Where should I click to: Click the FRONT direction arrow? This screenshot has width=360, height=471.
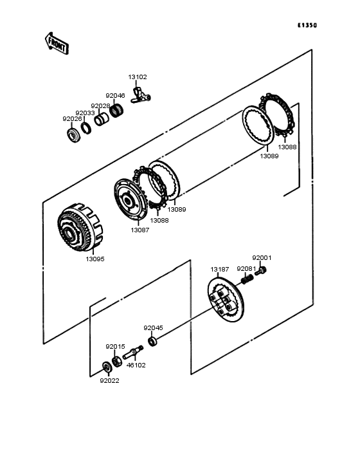click(57, 43)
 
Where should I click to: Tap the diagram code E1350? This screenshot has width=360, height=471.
click(307, 25)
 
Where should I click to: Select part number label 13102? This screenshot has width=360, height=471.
click(138, 77)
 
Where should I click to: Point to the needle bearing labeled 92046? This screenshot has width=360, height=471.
click(116, 110)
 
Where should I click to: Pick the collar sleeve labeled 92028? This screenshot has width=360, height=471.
click(101, 119)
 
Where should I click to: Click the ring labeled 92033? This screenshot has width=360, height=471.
click(86, 129)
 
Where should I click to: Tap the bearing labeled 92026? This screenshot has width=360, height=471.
click(73, 135)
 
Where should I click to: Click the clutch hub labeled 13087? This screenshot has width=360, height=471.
click(130, 199)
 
